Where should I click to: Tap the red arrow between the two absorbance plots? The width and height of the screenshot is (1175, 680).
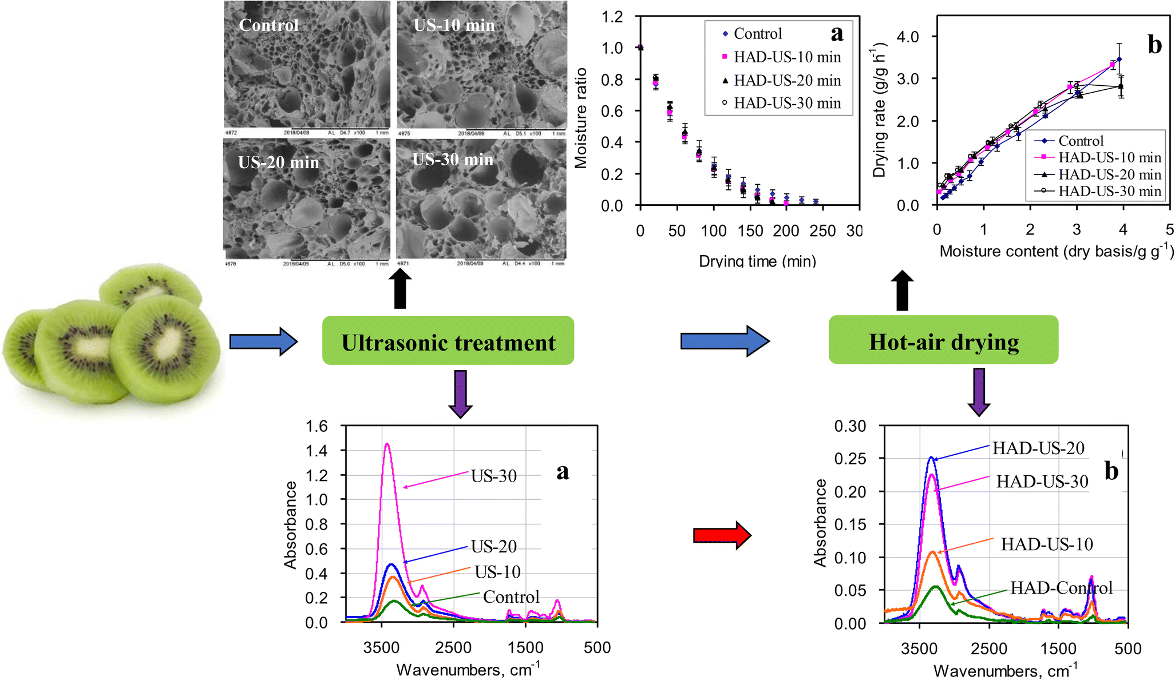(722, 535)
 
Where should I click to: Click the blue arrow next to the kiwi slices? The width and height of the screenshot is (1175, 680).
(263, 342)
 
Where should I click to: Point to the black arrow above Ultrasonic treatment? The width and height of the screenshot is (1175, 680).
(400, 289)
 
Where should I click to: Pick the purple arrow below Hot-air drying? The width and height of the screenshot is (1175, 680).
(979, 392)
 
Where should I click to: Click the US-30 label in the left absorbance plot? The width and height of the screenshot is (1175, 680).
(493, 476)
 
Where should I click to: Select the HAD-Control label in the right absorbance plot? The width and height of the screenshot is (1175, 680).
(1061, 587)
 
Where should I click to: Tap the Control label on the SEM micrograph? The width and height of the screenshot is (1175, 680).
(268, 25)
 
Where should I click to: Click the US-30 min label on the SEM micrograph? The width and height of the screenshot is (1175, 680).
(453, 160)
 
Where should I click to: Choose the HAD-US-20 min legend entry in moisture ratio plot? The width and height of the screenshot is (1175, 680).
(787, 81)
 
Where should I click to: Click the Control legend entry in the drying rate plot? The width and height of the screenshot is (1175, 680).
(1080, 141)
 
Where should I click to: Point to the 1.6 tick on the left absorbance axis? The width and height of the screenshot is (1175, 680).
(317, 426)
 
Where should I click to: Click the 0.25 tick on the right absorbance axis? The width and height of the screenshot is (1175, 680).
(850, 459)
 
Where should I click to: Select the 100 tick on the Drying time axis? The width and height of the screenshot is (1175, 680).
(713, 231)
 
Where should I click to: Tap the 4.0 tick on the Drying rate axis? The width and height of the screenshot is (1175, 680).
(906, 37)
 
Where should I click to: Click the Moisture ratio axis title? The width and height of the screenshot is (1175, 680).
(581, 118)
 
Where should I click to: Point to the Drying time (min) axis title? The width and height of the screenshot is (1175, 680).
(757, 261)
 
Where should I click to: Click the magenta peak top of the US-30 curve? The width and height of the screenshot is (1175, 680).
(387, 444)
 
